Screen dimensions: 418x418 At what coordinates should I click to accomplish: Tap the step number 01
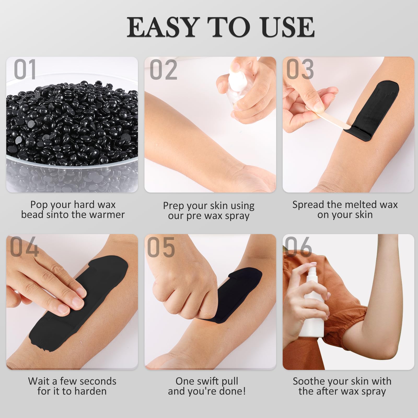coord(25,69)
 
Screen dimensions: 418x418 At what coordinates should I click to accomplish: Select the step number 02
coord(164,69)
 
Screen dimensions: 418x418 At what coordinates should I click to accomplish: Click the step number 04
coord(24,246)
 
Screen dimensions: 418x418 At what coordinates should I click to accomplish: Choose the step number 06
coord(298,246)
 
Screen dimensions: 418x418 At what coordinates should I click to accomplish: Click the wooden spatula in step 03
coord(328,118)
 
